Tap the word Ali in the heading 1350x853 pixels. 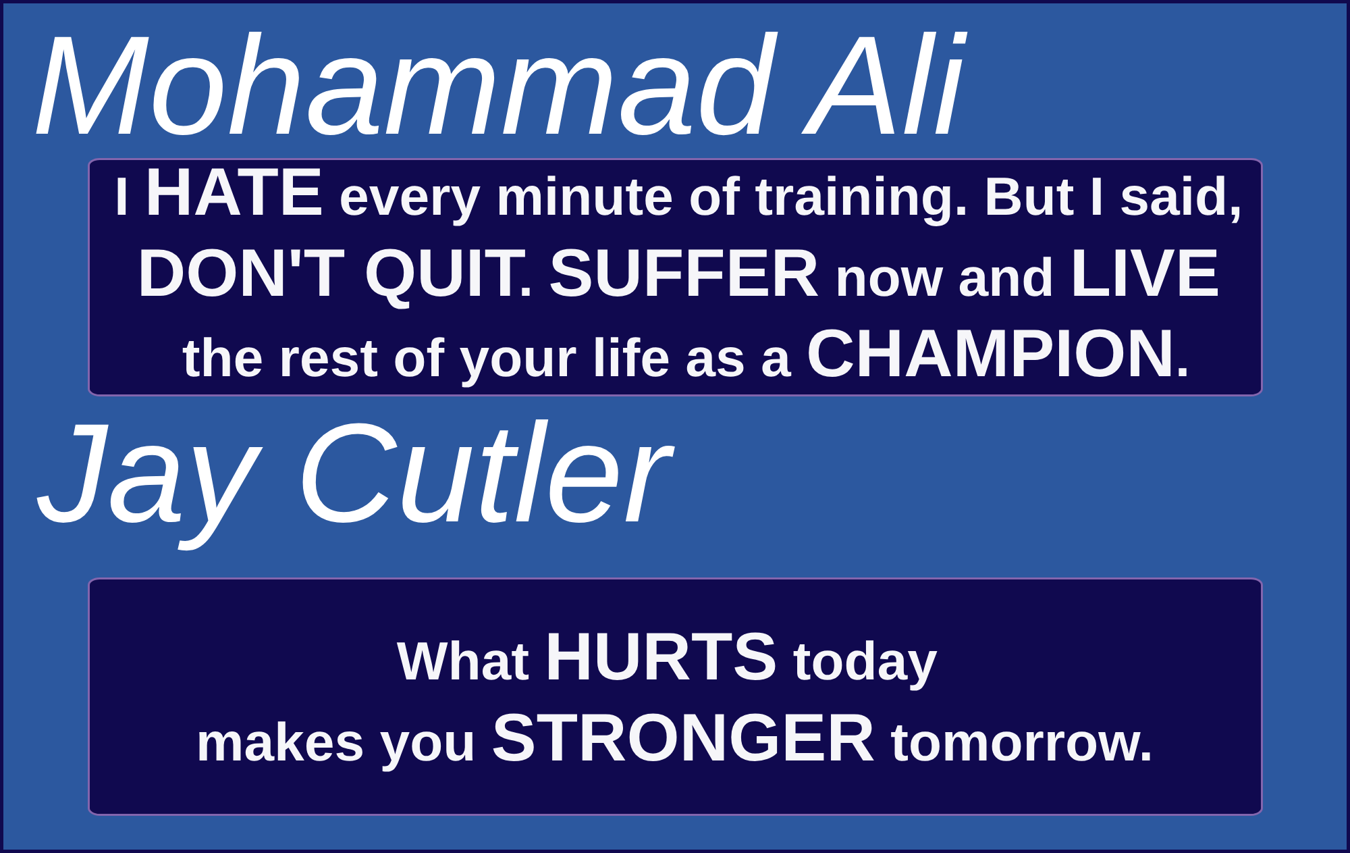click(x=884, y=86)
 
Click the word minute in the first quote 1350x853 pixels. click(x=585, y=197)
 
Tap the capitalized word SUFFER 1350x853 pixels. click(x=684, y=274)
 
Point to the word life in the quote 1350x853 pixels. click(x=631, y=357)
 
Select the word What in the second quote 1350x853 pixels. click(x=463, y=660)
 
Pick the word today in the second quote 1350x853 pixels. click(x=865, y=663)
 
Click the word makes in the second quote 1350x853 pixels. click(x=280, y=743)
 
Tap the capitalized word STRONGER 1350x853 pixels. click(x=684, y=738)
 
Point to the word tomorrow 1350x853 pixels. click(x=1021, y=743)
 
